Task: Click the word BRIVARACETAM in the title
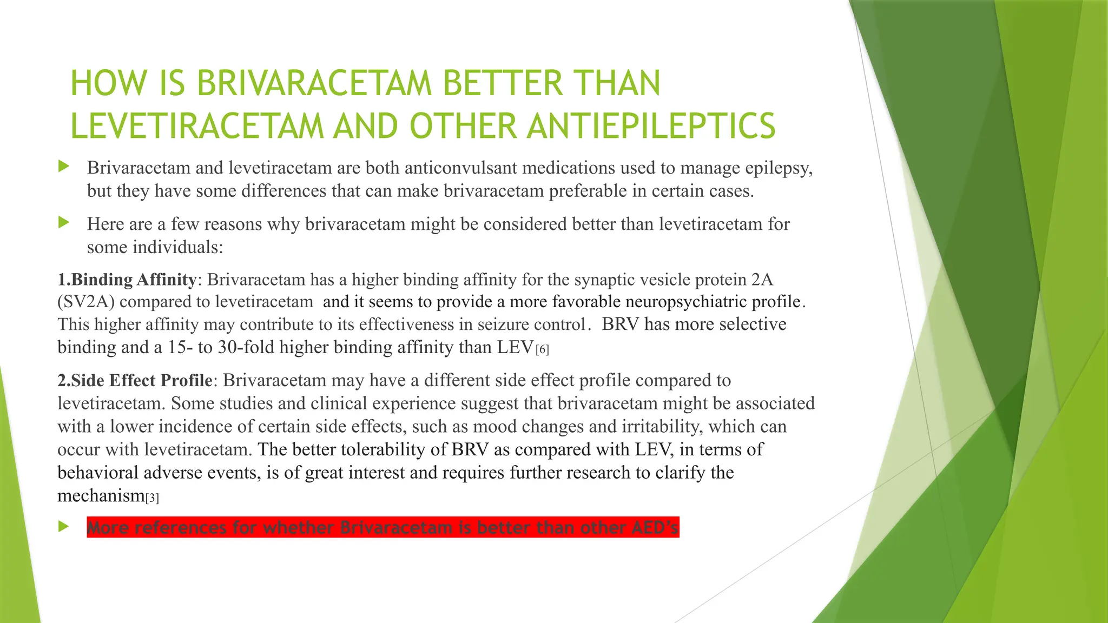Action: pos(314,84)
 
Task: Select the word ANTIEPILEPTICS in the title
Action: pos(651,126)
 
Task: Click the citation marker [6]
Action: pos(542,350)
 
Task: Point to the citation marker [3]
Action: pos(152,498)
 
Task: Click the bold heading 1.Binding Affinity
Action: pos(127,280)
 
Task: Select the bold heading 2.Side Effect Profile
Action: pos(135,380)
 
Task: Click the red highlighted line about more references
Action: pos(382,527)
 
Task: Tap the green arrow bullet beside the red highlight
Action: pos(64,526)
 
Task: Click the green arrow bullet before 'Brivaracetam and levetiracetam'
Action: pos(64,167)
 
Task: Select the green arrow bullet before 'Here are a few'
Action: pos(64,222)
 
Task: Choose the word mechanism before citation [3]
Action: pos(101,496)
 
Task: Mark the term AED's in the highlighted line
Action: pos(655,527)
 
